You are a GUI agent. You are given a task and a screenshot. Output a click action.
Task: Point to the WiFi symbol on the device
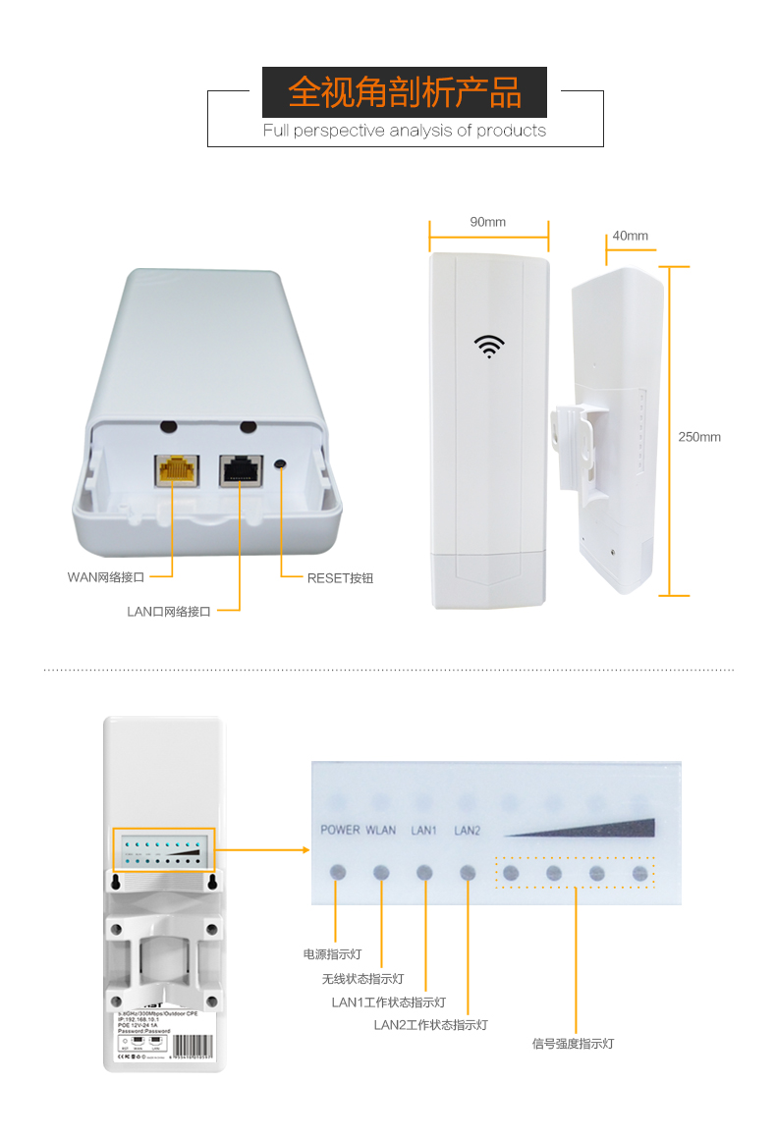pyautogui.click(x=489, y=345)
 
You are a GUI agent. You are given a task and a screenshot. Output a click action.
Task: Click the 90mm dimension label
pyautogui.click(x=487, y=222)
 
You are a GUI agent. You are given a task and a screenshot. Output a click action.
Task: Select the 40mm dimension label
pyautogui.click(x=630, y=236)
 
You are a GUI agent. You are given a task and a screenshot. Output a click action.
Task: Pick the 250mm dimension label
pyautogui.click(x=699, y=437)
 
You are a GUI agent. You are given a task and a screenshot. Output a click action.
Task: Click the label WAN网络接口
pyautogui.click(x=105, y=577)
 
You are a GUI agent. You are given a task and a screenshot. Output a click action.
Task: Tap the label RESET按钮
pyautogui.click(x=340, y=578)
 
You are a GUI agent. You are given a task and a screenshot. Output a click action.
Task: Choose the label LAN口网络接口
pyautogui.click(x=169, y=611)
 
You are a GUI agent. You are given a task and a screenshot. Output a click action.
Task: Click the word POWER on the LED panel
pyautogui.click(x=340, y=830)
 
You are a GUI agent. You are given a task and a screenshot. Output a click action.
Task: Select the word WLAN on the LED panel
pyautogui.click(x=381, y=830)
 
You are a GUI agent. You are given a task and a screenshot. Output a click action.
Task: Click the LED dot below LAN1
pyautogui.click(x=424, y=872)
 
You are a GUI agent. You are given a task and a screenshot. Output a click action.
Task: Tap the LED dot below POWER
pyautogui.click(x=338, y=872)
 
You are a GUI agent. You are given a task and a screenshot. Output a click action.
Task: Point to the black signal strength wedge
pyautogui.click(x=589, y=827)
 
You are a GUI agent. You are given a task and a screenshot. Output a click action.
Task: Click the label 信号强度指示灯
pyautogui.click(x=573, y=1044)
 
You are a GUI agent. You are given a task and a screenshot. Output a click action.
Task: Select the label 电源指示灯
pyautogui.click(x=332, y=953)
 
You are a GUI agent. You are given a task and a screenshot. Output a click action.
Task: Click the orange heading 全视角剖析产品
pyautogui.click(x=404, y=93)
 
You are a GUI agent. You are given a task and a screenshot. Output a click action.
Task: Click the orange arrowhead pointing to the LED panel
pyautogui.click(x=291, y=850)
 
